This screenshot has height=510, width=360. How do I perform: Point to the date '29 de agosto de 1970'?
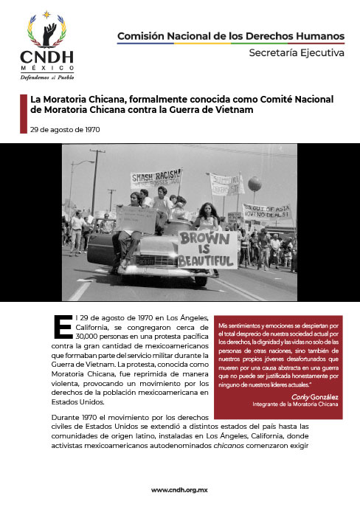(x=60, y=130)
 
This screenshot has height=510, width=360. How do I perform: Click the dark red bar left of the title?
(x=22, y=114)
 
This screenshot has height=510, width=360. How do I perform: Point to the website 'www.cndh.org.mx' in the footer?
(x=180, y=490)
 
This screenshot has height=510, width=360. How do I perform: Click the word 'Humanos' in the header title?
(x=321, y=35)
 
